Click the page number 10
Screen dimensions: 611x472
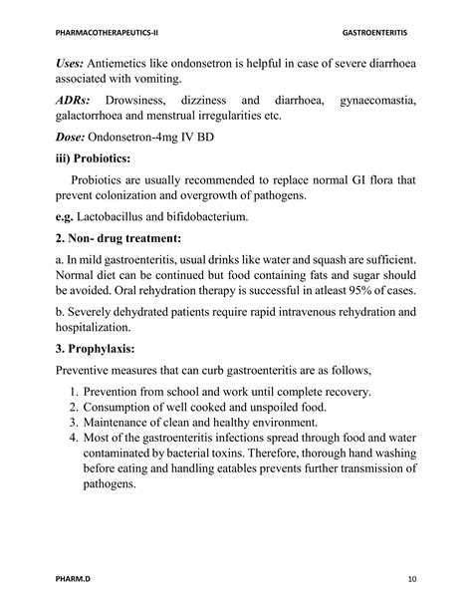(x=411, y=580)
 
